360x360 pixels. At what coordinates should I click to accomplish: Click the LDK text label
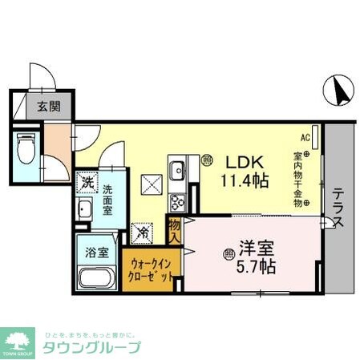coord(239,160)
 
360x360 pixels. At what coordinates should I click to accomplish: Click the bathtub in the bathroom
coord(97,280)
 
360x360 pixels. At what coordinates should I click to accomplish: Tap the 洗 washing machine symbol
coord(87,184)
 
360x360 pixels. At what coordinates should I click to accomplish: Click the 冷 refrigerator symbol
coord(143,233)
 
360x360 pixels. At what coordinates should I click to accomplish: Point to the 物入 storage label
coord(173,229)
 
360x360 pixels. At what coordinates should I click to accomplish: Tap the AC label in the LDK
coord(305,137)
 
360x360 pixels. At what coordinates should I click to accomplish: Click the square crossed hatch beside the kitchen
coord(152,184)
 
